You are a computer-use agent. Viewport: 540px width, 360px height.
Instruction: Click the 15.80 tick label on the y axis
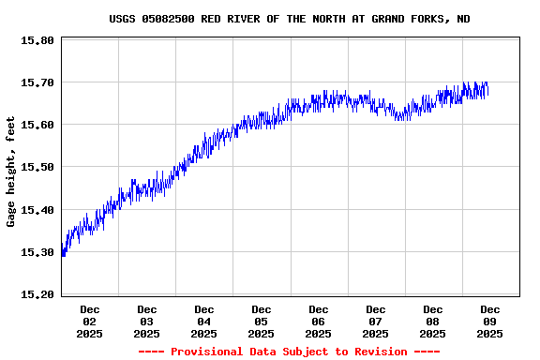37,41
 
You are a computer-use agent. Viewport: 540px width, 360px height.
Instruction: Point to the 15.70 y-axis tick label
37,83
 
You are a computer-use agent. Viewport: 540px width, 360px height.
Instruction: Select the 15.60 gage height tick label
37,126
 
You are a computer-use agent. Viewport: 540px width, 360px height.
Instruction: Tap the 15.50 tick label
37,168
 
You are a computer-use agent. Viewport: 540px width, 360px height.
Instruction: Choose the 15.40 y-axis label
37,210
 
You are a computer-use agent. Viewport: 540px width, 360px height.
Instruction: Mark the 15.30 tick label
37,252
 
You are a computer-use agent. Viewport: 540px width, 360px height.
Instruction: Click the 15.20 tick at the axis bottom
37,294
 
